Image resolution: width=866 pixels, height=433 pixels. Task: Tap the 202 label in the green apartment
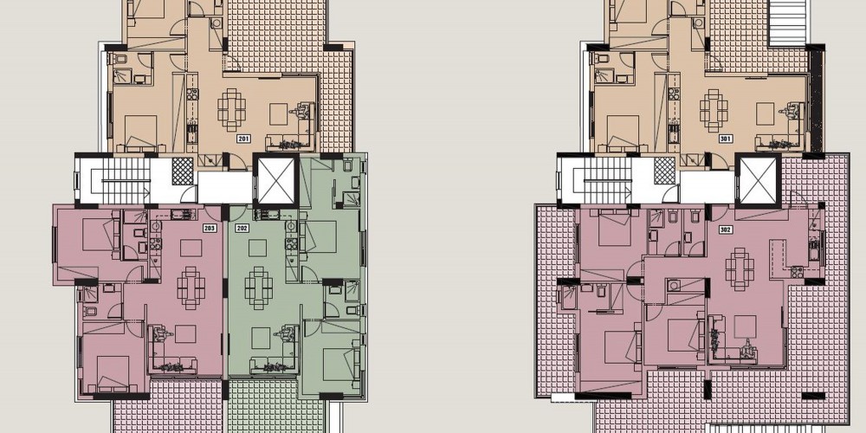(x=242, y=228)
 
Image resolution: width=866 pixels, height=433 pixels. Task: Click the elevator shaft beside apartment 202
(x=275, y=181)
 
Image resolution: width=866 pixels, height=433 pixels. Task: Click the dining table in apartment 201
(x=232, y=110)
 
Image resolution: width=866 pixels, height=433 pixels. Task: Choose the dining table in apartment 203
(x=191, y=288)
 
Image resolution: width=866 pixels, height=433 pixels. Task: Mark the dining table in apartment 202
(x=258, y=288)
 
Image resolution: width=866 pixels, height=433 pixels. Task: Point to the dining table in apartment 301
(x=714, y=110)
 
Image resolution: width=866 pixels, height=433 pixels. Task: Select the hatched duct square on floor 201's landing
(x=183, y=171)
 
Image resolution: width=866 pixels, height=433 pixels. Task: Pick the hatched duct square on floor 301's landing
(x=664, y=171)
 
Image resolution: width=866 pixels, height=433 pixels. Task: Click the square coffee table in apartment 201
(x=278, y=114)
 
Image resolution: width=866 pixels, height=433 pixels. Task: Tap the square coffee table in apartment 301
(x=765, y=114)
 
